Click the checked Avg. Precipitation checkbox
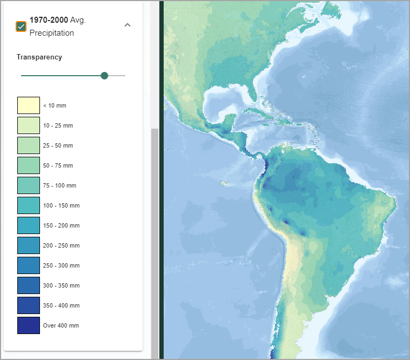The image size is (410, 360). (x=21, y=26)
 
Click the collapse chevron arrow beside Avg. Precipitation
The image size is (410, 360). (x=127, y=25)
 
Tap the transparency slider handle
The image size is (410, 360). (x=104, y=76)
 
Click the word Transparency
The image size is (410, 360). (x=39, y=57)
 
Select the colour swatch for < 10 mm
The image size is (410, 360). (x=29, y=105)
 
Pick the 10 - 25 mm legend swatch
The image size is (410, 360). (x=29, y=125)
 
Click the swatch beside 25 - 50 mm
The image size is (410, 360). (x=29, y=145)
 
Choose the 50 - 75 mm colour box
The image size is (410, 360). (x=29, y=165)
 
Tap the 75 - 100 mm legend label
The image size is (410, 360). (x=59, y=185)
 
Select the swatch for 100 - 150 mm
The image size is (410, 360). (x=29, y=205)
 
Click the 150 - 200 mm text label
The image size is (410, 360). (x=61, y=225)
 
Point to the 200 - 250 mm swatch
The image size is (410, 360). (x=29, y=245)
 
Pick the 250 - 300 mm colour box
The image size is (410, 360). (x=29, y=265)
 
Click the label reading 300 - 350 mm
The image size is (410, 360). (x=61, y=285)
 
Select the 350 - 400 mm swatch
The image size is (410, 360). (x=29, y=305)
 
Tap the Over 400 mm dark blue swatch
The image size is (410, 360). (x=29, y=325)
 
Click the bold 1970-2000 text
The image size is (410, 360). (x=49, y=20)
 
